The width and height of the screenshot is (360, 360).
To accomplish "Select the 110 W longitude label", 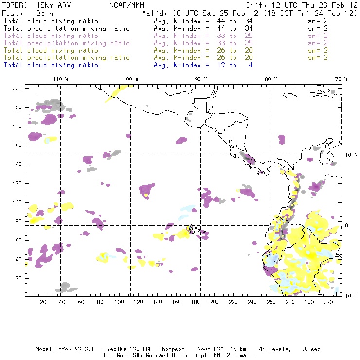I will pyautogui.click(x=60, y=79).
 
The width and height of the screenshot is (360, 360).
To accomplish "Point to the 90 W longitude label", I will pyautogui.click(x=200, y=79).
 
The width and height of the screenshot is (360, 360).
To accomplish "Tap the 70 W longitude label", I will pyautogui.click(x=341, y=79).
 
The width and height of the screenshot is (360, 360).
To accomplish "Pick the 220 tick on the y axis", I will pyautogui.click(x=18, y=88).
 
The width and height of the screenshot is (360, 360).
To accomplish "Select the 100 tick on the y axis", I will pyautogui.click(x=18, y=202).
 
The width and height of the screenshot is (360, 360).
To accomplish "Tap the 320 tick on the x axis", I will pyautogui.click(x=328, y=302).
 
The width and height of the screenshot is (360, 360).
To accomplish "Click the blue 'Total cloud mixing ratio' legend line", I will pyautogui.click(x=51, y=65).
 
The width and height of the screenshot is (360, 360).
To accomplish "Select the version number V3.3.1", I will pyautogui.click(x=85, y=349).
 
